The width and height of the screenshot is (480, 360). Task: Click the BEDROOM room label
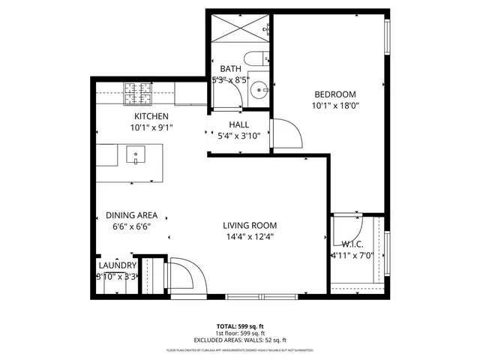tap(334, 94)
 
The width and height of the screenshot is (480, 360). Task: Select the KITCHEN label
tap(151, 116)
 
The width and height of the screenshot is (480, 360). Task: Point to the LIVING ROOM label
tap(250, 225)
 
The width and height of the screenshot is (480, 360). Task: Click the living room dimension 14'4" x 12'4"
tap(250, 237)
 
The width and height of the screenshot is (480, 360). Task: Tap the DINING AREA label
tap(131, 214)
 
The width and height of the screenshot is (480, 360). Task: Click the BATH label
tap(230, 68)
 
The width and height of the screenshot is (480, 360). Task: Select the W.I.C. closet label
tap(352, 243)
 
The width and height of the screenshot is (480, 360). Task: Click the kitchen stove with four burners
tap(137, 92)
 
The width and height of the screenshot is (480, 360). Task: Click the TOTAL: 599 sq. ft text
tap(240, 326)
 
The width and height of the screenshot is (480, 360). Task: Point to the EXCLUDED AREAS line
tap(240, 340)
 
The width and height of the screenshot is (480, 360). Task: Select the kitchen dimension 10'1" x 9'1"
tap(151, 128)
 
